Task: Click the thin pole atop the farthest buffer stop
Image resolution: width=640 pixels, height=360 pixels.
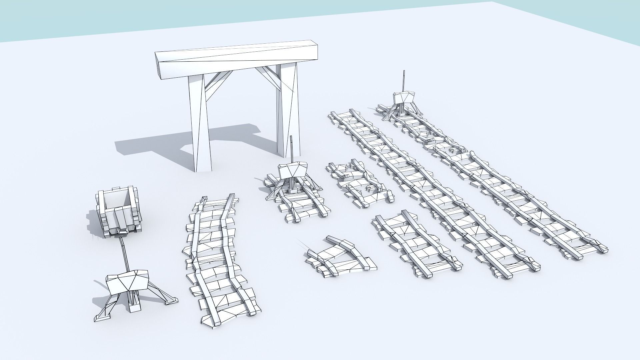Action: click(404, 80)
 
